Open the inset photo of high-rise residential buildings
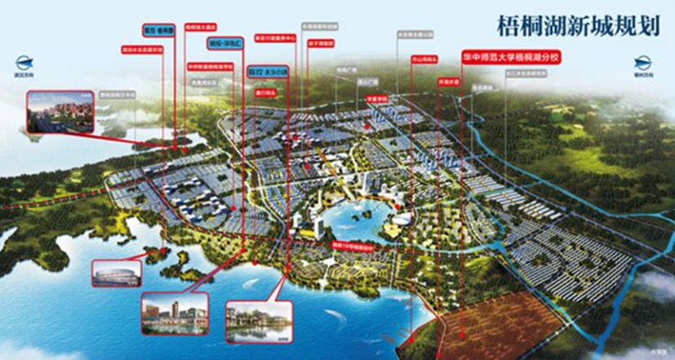pyautogui.click(x=59, y=111)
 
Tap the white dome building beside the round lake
pyautogui.click(x=400, y=218)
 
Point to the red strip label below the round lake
pyautogui.click(x=351, y=243)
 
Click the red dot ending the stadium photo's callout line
pyautogui.click(x=151, y=254)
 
